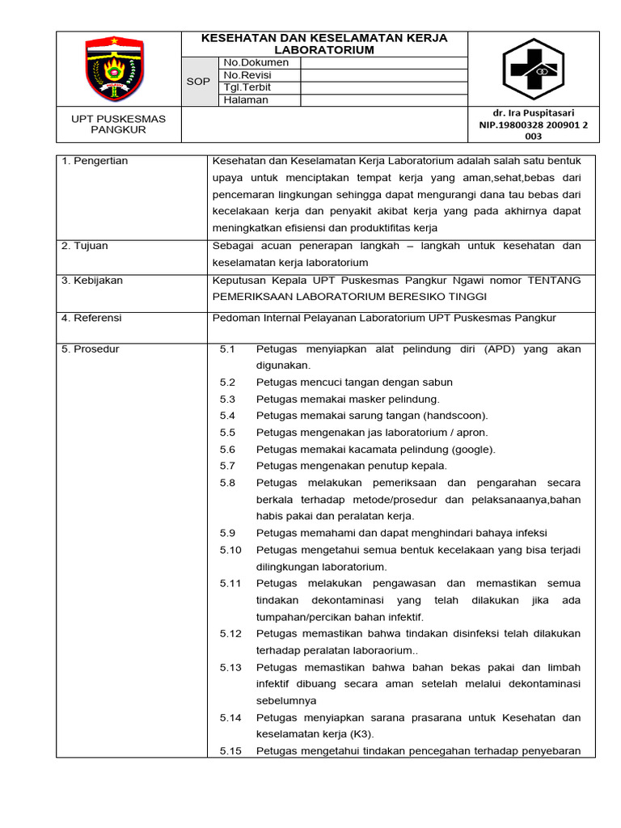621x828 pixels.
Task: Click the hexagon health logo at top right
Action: [x=534, y=69]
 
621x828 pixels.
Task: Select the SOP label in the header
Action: [x=198, y=82]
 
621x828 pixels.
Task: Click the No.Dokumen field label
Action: [x=256, y=62]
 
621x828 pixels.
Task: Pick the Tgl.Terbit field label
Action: [x=247, y=87]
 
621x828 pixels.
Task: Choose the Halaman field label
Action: [x=246, y=100]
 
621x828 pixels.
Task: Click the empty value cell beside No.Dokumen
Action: [x=383, y=62]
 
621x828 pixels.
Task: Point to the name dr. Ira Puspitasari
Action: [x=534, y=112]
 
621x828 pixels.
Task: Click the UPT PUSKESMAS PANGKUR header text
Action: [x=118, y=124]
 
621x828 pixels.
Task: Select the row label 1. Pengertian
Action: [x=95, y=161]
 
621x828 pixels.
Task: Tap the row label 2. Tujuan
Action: [x=85, y=246]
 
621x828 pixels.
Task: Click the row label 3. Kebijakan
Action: [x=92, y=280]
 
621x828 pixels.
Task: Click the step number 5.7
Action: [x=227, y=466]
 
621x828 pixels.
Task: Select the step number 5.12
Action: [x=230, y=633]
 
